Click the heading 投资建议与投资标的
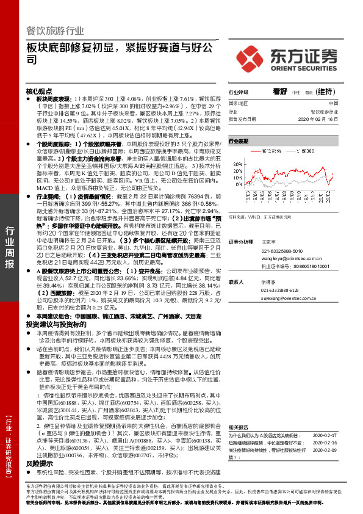click(55, 325)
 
